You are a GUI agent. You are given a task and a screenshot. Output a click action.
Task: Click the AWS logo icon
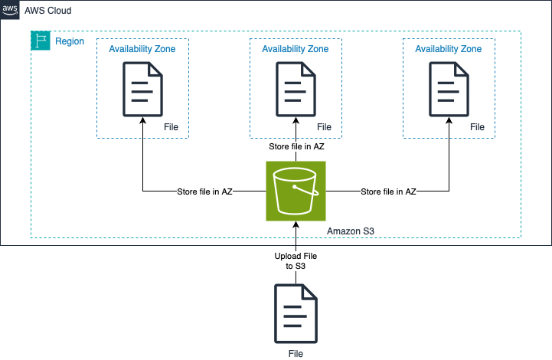pyautogui.click(x=10, y=10)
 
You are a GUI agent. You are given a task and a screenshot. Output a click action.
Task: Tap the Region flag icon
pyautogui.click(x=40, y=41)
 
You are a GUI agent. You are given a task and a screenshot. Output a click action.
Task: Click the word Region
pyautogui.click(x=70, y=41)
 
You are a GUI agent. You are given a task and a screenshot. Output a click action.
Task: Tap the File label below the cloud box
pyautogui.click(x=296, y=354)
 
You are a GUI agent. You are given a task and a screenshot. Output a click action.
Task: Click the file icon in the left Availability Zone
pyautogui.click(x=142, y=89)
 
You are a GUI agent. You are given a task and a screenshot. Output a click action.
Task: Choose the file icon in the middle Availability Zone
pyautogui.click(x=296, y=89)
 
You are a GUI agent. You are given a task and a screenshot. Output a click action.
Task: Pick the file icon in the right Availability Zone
pyautogui.click(x=449, y=89)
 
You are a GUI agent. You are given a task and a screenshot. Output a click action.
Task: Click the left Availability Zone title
pyautogui.click(x=142, y=49)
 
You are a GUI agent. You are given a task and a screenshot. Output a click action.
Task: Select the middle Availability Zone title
pyautogui.click(x=296, y=49)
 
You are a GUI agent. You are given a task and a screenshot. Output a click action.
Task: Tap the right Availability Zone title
pyautogui.click(x=449, y=49)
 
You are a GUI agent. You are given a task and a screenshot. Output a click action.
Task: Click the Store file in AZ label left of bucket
pyautogui.click(x=204, y=191)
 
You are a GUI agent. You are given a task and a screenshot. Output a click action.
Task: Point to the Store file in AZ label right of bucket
pyautogui.click(x=388, y=191)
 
